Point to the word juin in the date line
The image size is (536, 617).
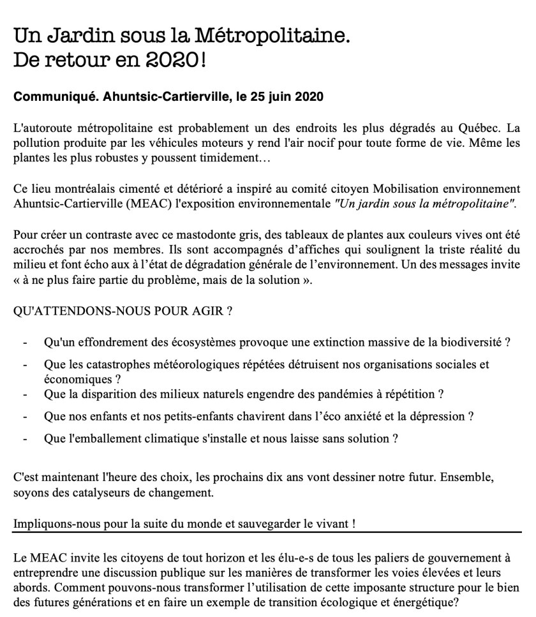click(274, 97)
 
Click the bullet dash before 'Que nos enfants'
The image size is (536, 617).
click(24, 416)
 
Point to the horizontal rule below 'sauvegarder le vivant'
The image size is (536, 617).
click(267, 532)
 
